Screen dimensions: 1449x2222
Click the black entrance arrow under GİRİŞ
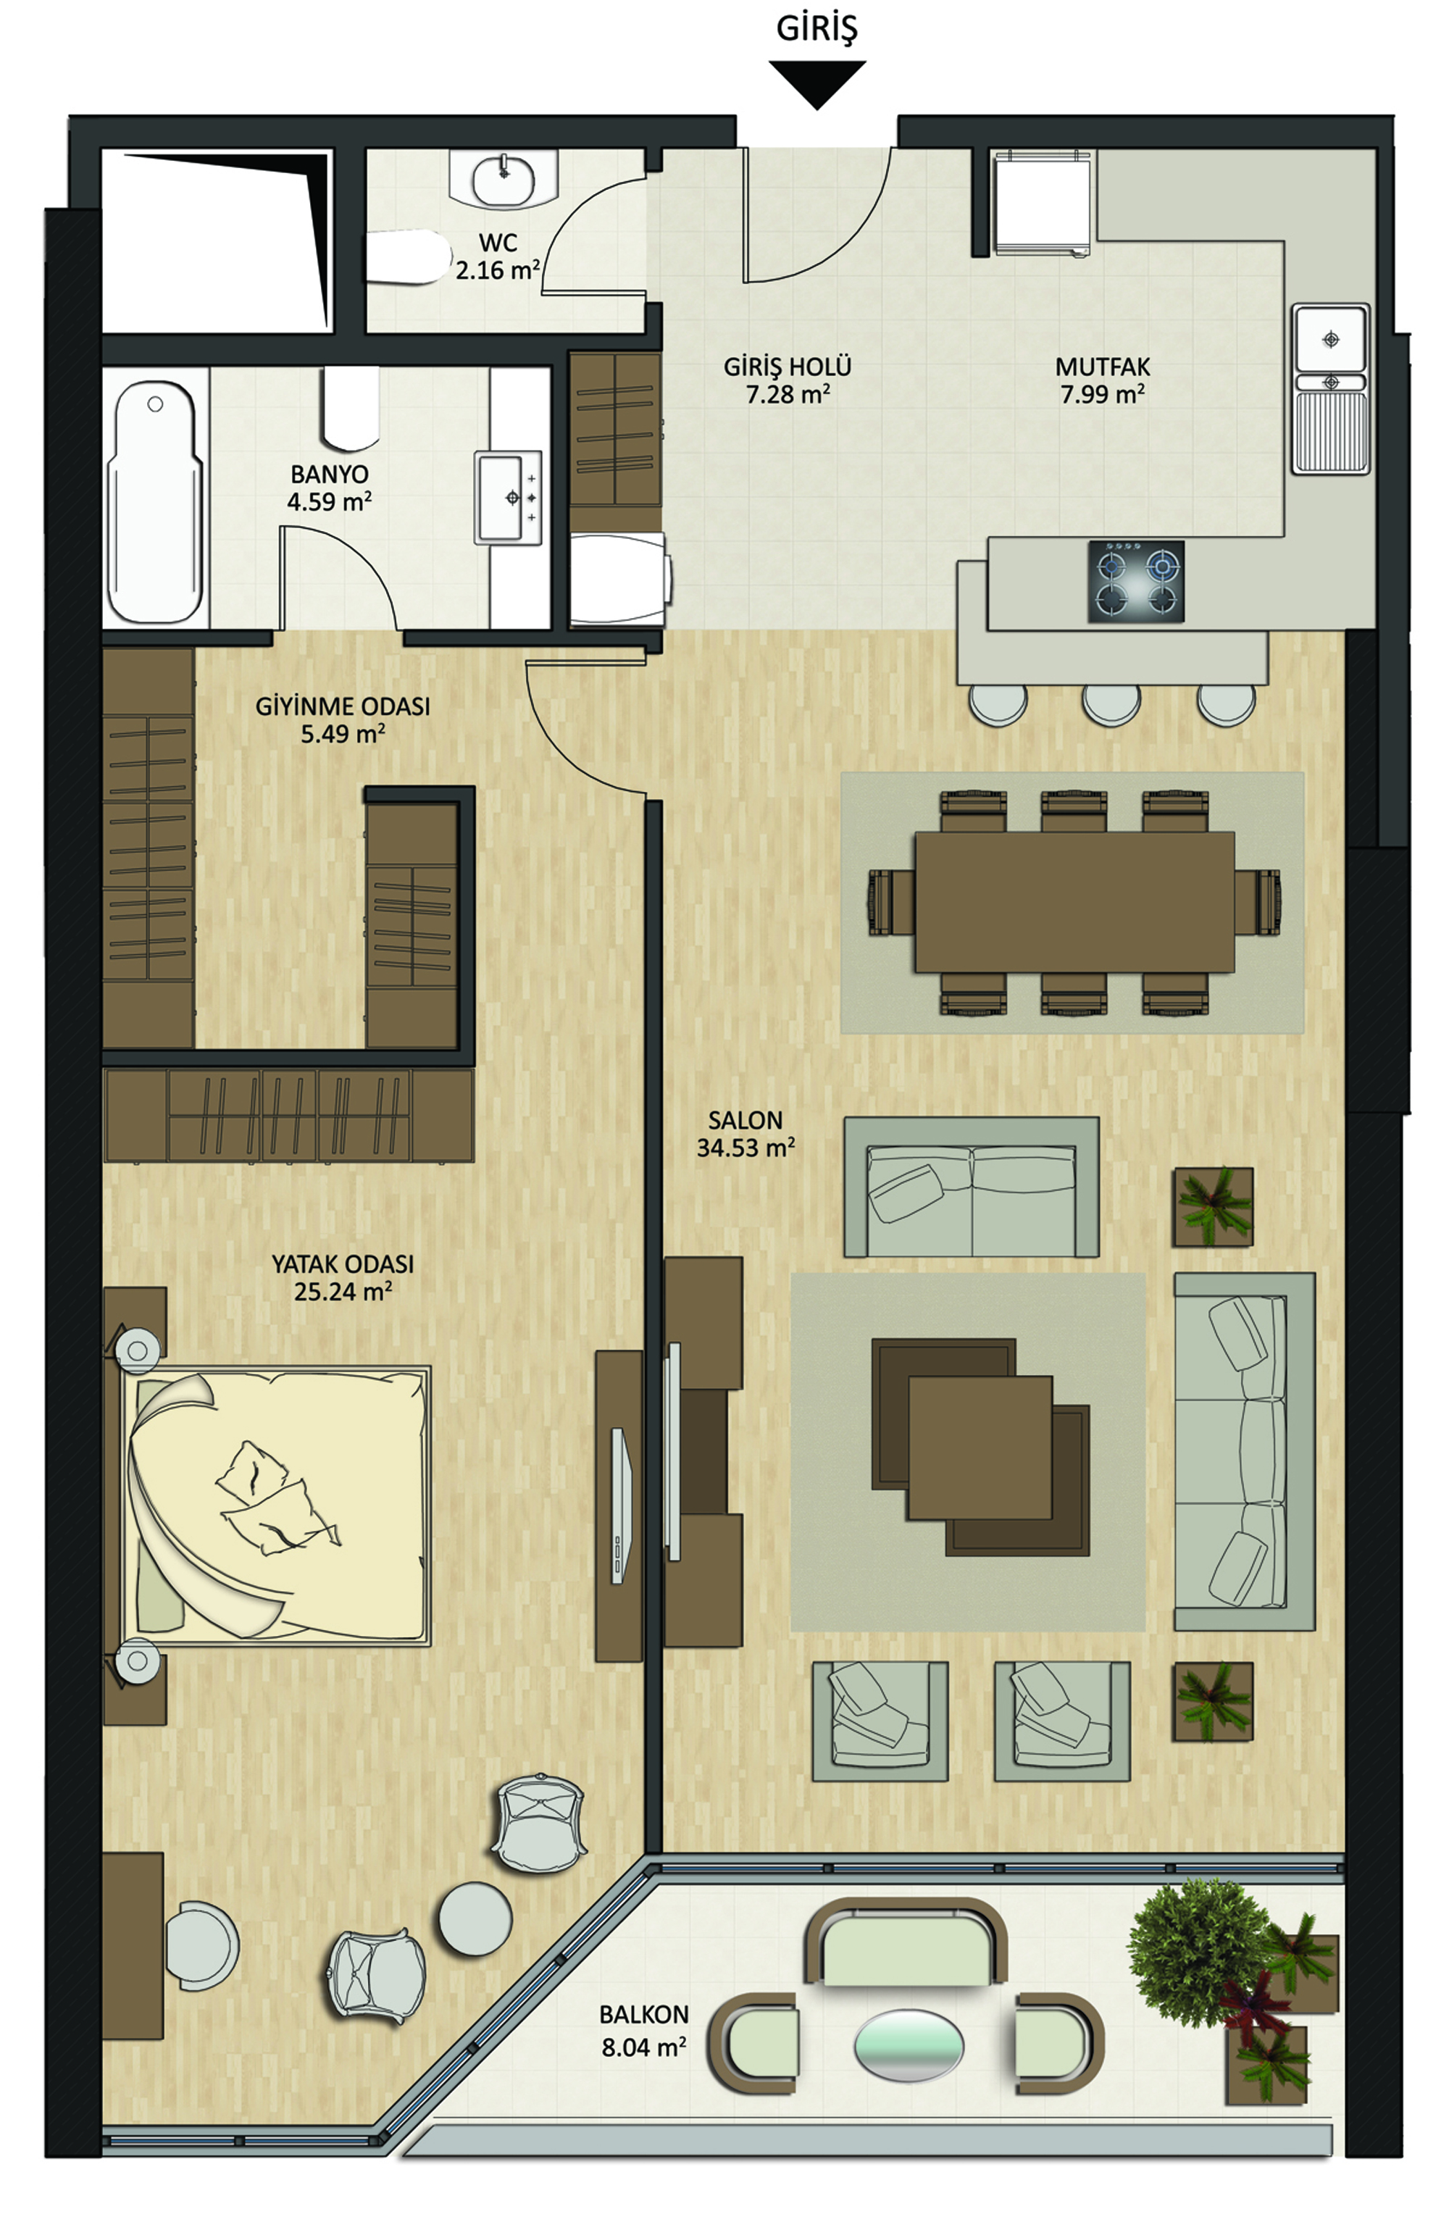[x=817, y=82]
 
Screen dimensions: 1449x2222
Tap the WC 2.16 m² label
[x=498, y=256]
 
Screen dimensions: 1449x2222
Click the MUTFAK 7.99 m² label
[x=1103, y=380]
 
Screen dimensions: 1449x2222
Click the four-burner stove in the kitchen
[x=1135, y=582]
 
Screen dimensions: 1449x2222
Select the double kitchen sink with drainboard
[x=1332, y=389]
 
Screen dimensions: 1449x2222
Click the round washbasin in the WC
[x=504, y=179]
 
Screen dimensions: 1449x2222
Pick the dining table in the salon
[x=1074, y=902]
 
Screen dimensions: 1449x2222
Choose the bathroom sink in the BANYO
[x=508, y=498]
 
